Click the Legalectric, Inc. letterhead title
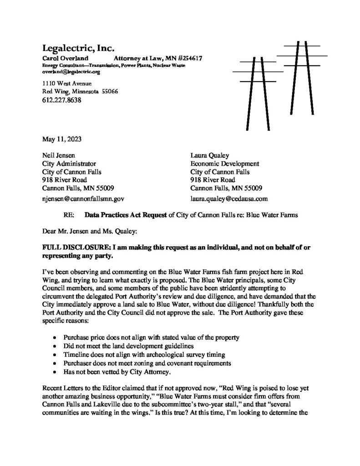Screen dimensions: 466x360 (x=78, y=48)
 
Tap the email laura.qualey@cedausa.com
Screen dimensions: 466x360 (x=229, y=198)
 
